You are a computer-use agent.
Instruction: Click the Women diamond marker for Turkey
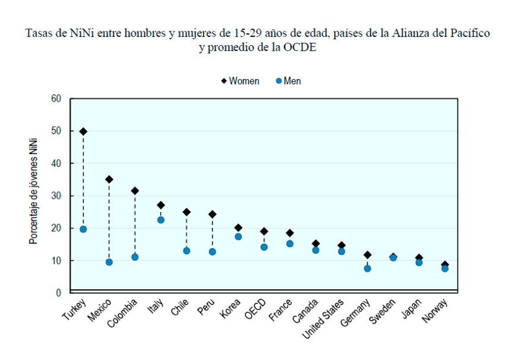(x=83, y=131)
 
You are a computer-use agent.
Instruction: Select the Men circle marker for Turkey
(x=83, y=229)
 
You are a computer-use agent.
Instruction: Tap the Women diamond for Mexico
(x=109, y=179)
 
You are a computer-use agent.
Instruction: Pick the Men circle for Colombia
(x=135, y=257)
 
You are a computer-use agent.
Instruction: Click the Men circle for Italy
(x=160, y=220)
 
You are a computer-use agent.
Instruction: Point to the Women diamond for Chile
(x=187, y=212)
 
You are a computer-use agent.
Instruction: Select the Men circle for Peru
(x=212, y=252)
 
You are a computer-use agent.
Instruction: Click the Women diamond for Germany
(x=367, y=255)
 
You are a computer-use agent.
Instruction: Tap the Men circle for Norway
(x=445, y=269)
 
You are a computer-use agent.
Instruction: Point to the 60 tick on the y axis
(x=56, y=99)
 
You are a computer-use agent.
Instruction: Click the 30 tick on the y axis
(x=56, y=196)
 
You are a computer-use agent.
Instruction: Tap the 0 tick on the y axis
(x=59, y=293)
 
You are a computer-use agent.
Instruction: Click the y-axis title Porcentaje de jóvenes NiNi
(x=34, y=191)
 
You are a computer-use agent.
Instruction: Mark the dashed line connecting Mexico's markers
(x=109, y=220)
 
